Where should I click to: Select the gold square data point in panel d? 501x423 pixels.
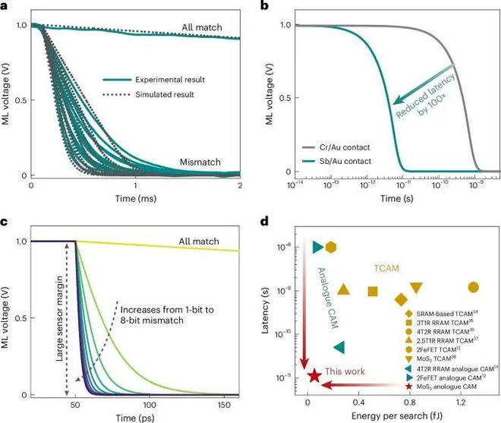(373, 292)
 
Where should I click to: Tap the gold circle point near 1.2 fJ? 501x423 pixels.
(473, 287)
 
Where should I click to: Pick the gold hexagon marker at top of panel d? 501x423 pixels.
(332, 248)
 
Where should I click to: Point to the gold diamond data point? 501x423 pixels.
(401, 299)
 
